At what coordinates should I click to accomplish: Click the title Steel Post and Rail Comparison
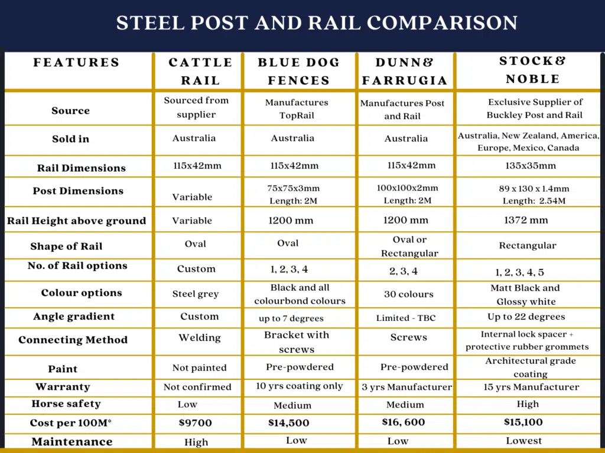click(x=317, y=23)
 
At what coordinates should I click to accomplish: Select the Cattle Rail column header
click(x=200, y=71)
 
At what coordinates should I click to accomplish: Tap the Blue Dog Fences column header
click(x=299, y=71)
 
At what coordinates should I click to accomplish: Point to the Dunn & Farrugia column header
click(x=405, y=71)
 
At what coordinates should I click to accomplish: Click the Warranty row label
click(x=63, y=387)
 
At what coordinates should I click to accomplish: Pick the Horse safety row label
click(x=66, y=404)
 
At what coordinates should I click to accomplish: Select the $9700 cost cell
click(x=195, y=423)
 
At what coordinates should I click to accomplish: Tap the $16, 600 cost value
click(x=404, y=422)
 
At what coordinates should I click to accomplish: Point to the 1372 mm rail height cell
click(x=526, y=220)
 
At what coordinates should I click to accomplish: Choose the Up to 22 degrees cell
click(x=526, y=317)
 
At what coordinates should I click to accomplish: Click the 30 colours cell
click(x=408, y=294)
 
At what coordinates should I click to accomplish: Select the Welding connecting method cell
click(x=200, y=338)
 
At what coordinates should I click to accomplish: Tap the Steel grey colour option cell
click(x=196, y=294)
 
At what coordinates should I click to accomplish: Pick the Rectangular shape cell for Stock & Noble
click(x=528, y=245)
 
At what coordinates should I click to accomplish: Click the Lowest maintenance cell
click(x=523, y=441)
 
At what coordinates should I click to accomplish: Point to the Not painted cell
click(x=199, y=367)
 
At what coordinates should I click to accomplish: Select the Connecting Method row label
click(x=73, y=340)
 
